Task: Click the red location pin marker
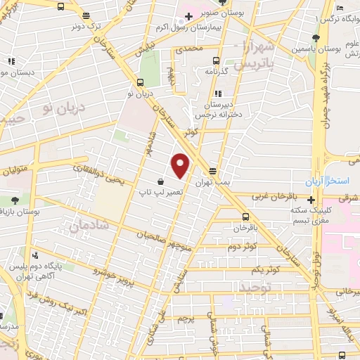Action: (181, 165)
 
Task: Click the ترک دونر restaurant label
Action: (86, 25)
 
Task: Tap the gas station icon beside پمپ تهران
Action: (212, 171)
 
